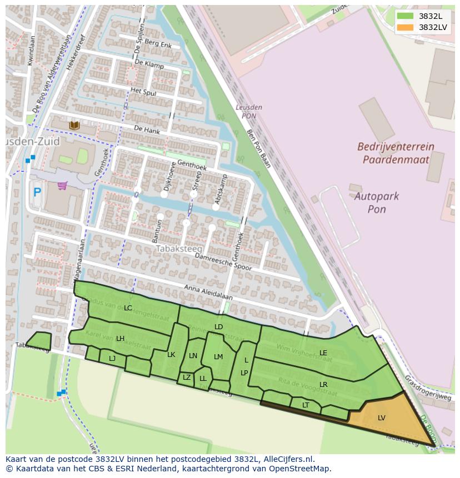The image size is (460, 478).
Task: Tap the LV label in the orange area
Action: coord(382,417)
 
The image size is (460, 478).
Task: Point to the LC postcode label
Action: coord(128,308)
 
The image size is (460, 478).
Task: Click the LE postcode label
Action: coord(323,353)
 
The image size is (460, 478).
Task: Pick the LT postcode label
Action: coord(306,405)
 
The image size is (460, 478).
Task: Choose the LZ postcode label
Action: coord(187,378)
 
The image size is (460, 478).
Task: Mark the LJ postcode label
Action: coord(112,358)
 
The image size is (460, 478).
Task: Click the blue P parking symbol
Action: coord(37,193)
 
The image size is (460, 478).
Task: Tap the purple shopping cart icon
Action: coord(62,186)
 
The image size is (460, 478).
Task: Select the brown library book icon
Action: coord(74,125)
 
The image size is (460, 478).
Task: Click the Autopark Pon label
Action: coord(377,203)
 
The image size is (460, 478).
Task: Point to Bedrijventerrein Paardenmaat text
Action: coord(396,153)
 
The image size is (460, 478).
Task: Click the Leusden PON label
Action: coord(249,112)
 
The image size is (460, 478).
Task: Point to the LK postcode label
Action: coord(171,355)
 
